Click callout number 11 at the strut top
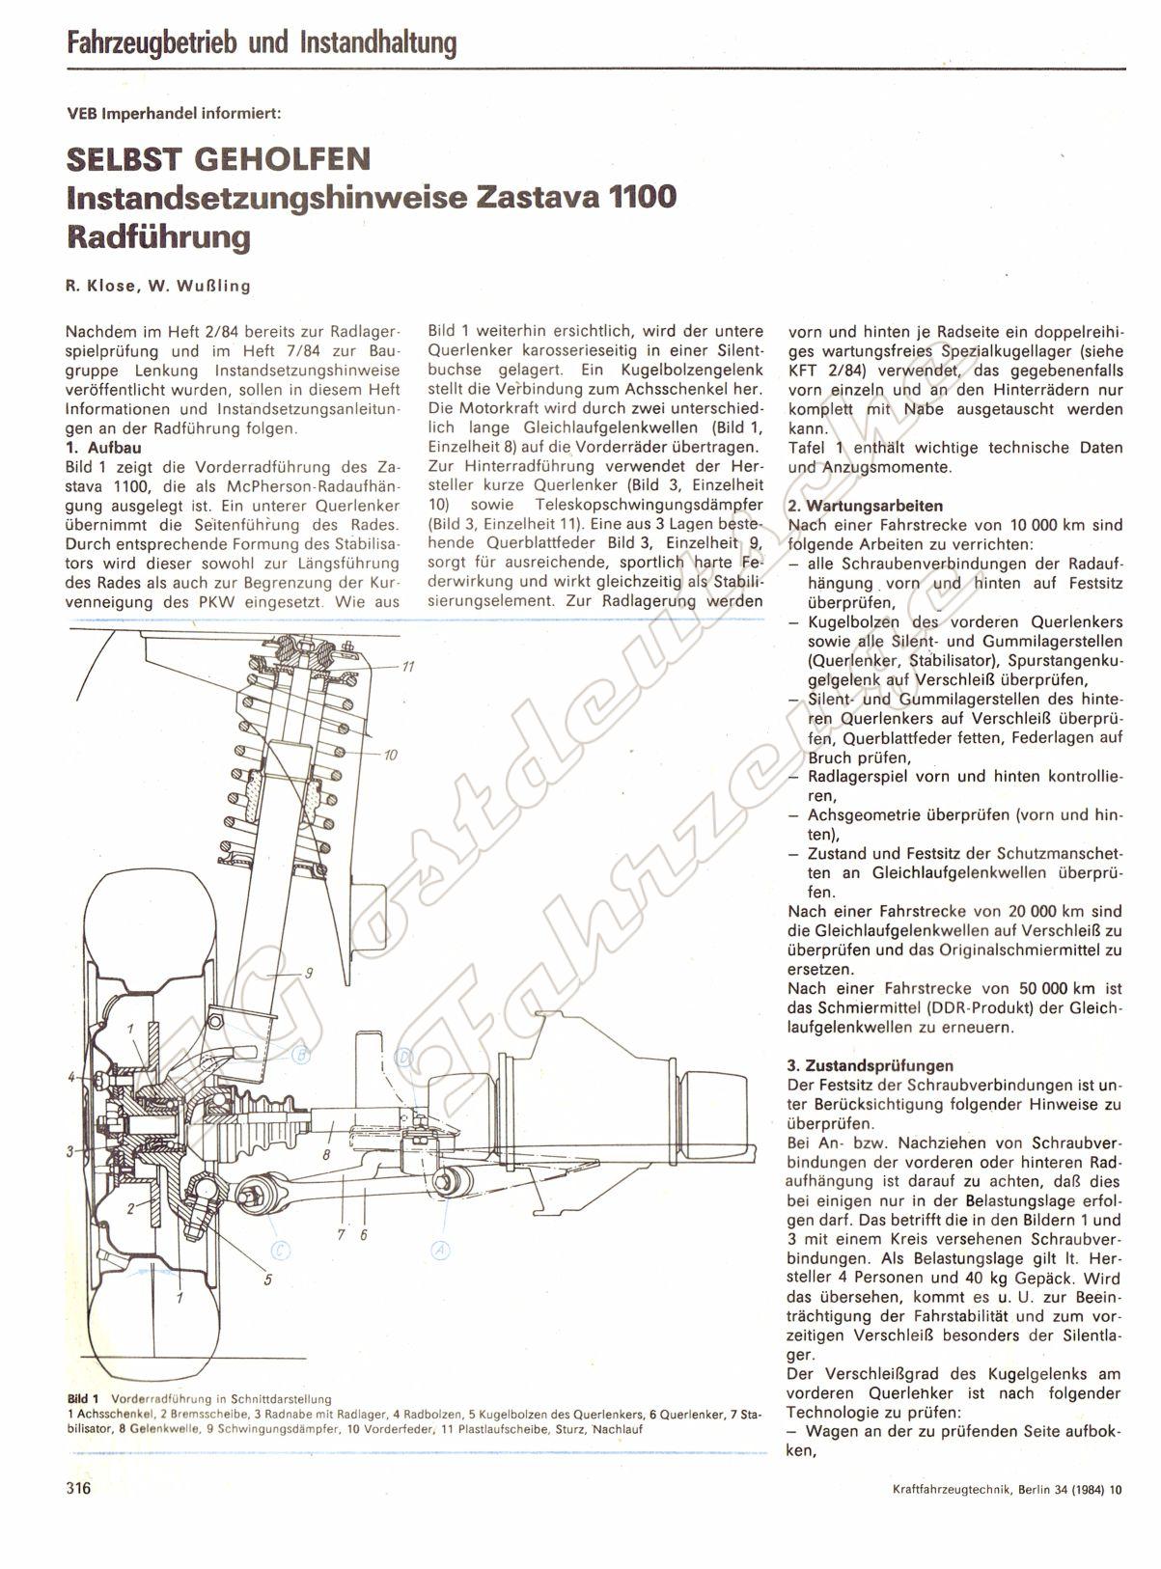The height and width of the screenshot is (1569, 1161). tap(409, 667)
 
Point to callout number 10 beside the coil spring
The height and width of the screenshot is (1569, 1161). tap(391, 755)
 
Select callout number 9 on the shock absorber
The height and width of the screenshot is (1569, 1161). tap(308, 974)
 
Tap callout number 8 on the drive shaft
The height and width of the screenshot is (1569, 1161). tap(327, 1153)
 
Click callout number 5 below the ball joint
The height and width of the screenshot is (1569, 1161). tap(267, 1280)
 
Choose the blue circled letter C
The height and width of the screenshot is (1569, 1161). tap(281, 1251)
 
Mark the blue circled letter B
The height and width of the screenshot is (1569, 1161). tap(301, 1054)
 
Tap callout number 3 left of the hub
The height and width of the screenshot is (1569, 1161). tap(70, 1151)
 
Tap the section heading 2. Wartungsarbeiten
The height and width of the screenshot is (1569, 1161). tap(866, 506)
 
